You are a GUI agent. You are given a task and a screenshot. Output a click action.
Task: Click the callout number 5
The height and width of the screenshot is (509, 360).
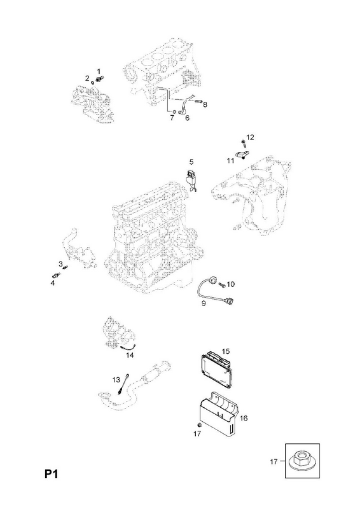191,162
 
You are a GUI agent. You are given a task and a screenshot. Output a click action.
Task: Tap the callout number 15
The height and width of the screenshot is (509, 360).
226,351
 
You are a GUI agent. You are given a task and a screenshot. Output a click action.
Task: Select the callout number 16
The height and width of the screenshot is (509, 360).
244,418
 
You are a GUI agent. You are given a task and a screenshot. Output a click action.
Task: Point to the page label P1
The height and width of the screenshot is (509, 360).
52,474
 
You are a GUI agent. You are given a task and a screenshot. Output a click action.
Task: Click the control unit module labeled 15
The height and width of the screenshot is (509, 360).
216,369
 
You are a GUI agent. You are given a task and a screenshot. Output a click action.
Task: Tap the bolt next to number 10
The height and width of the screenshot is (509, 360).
222,284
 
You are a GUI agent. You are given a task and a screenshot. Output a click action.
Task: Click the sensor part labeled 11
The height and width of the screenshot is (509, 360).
242,154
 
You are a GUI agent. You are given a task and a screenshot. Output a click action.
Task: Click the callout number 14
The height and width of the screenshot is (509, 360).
130,356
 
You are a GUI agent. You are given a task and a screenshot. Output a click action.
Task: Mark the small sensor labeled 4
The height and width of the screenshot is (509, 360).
56,276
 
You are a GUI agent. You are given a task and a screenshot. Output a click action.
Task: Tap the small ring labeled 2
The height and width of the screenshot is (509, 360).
93,83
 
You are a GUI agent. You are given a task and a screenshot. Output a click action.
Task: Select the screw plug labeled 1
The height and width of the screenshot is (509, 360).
100,78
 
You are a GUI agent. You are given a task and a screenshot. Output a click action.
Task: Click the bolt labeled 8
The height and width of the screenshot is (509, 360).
198,102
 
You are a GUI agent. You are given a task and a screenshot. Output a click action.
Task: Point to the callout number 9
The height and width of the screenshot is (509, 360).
204,303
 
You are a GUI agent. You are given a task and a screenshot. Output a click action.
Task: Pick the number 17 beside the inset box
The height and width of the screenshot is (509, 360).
274,461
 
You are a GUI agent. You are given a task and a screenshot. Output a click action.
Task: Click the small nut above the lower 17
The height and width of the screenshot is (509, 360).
200,425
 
